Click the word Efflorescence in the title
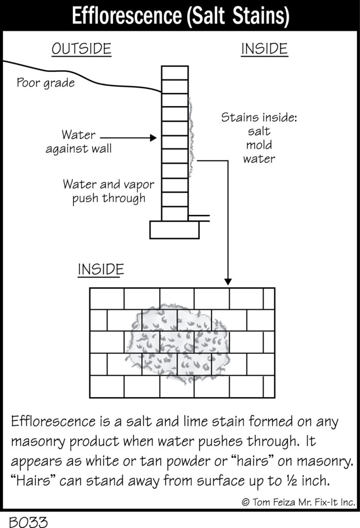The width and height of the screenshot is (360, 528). point(127,15)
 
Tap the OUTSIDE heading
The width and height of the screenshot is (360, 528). point(81,49)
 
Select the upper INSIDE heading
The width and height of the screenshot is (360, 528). point(265,49)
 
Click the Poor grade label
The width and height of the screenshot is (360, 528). point(46,83)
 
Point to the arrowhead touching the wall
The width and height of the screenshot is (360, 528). point(154,137)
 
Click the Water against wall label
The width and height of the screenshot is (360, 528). point(78,142)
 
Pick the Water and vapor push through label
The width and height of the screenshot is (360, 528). point(108,191)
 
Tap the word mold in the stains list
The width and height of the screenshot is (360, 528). point(259,145)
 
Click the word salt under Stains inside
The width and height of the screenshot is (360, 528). point(259,131)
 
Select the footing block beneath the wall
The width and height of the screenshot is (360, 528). point(174,229)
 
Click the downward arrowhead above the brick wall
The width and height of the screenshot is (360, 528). point(228,282)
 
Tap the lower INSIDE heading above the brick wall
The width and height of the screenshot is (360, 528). point(101,270)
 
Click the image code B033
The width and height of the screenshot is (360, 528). point(28,522)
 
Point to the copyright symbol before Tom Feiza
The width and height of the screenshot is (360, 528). point(246,502)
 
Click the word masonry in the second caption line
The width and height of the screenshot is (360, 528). point(38,442)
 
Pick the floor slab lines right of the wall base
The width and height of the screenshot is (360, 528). point(199,218)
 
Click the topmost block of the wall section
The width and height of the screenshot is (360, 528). point(174,73)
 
